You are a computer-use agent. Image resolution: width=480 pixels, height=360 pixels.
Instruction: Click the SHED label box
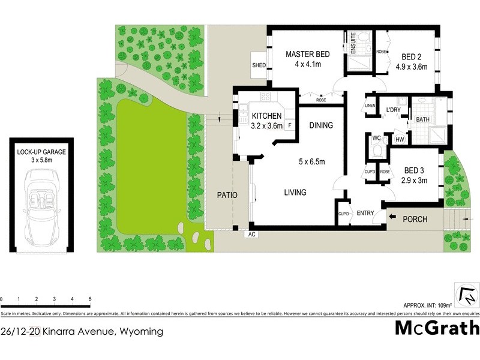pyautogui.click(x=259, y=65)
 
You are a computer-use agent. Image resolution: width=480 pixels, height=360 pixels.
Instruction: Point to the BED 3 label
pyautogui.click(x=415, y=170)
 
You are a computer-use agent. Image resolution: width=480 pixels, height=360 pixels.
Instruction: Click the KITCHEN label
pyautogui.click(x=267, y=116)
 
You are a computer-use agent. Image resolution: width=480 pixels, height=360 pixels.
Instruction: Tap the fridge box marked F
pyautogui.click(x=290, y=125)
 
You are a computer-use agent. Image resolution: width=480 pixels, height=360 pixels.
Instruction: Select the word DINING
pyautogui.click(x=321, y=125)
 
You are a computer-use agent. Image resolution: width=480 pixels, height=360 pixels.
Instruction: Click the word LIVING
pyautogui.click(x=295, y=193)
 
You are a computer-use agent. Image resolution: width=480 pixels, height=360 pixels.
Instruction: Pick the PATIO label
pyautogui.click(x=227, y=195)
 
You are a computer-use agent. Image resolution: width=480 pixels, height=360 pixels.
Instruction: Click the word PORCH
pyautogui.click(x=415, y=219)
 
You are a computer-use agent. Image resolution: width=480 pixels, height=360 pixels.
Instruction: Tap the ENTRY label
pyautogui.click(x=365, y=214)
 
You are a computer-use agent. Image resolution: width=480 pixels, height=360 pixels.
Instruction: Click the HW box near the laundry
pyautogui.click(x=400, y=140)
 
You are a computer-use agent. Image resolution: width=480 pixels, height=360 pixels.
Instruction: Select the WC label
pyautogui.click(x=377, y=138)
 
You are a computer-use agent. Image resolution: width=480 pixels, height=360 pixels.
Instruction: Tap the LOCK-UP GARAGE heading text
pyautogui.click(x=41, y=152)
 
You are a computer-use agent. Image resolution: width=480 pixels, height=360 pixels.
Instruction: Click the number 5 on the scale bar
pyautogui.click(x=89, y=299)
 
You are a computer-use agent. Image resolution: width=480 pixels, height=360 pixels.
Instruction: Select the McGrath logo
pyautogui.click(x=437, y=328)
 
